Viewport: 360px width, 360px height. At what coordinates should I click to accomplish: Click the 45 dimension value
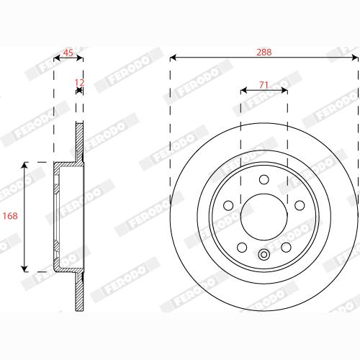point(68,53)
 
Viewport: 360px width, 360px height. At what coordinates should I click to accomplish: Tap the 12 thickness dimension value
point(80,83)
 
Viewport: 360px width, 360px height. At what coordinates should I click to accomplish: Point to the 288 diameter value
point(264,53)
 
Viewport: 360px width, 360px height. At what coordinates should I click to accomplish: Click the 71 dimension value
point(264,85)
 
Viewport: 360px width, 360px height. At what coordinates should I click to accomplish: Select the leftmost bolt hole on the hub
point(229,206)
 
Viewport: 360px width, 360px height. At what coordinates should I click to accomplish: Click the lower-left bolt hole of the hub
point(243,247)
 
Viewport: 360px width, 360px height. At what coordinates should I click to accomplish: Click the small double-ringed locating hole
point(264,253)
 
